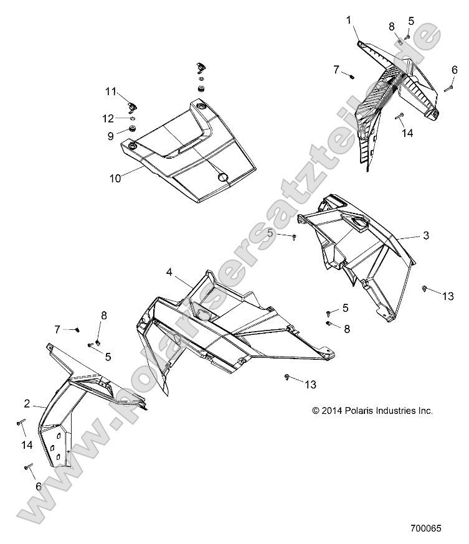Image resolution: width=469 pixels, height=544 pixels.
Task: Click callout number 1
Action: tap(349, 20)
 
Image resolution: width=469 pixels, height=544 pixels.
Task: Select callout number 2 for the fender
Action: tap(27, 403)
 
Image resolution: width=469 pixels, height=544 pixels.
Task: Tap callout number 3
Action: tap(426, 235)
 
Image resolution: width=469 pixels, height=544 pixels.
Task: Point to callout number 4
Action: tap(169, 271)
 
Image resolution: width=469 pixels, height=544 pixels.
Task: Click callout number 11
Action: tap(110, 91)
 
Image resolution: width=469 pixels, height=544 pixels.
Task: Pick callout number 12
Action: tap(108, 118)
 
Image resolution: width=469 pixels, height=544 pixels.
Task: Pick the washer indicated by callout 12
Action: tap(133, 118)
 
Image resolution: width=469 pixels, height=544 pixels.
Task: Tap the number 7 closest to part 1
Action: tap(336, 69)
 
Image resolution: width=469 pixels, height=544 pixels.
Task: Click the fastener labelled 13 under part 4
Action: tap(286, 377)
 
